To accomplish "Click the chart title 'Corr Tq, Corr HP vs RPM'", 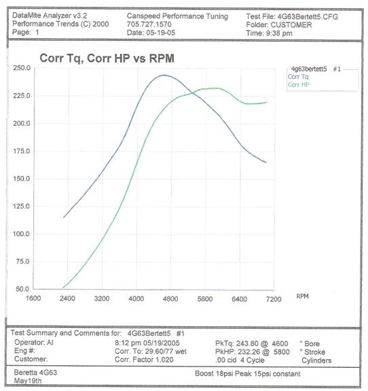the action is [107, 58].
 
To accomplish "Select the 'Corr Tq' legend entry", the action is [298, 77].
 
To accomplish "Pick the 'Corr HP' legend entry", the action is [299, 85].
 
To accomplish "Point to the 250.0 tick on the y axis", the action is [22, 68].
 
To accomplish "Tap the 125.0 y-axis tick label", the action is [21, 206].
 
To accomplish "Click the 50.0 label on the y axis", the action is [22, 289].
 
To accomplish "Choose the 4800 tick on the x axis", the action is [170, 299].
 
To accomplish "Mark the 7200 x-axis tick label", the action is [274, 299].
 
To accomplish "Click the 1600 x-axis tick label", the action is [33, 299].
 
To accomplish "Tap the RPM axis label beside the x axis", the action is [303, 296].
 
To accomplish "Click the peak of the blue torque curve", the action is [164, 75].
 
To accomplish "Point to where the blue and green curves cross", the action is [192, 92].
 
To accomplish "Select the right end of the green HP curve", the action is [267, 102].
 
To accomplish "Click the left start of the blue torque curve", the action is [64, 217].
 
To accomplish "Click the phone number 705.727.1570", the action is [149, 24].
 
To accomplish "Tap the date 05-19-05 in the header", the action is [161, 33].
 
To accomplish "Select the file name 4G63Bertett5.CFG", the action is [308, 17].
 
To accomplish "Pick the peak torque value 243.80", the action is [247, 343].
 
